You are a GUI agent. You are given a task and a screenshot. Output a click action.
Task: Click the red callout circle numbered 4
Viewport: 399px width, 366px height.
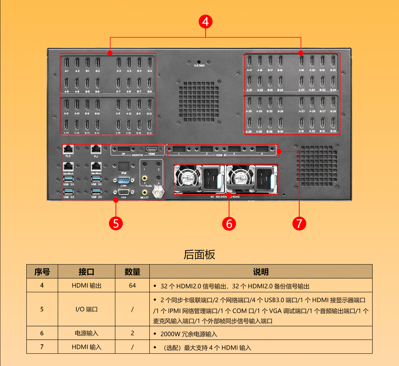click(x=205, y=22)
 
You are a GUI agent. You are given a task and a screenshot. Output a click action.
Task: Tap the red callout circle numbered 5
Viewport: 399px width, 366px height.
click(x=116, y=223)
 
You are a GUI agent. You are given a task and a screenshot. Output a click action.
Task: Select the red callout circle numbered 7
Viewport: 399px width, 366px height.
click(x=299, y=223)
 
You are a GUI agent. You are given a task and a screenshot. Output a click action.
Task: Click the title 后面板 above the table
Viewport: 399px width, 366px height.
click(x=199, y=255)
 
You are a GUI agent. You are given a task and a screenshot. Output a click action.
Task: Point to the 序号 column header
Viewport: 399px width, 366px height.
click(x=42, y=272)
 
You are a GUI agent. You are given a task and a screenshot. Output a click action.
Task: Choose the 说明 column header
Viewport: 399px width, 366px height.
click(x=261, y=272)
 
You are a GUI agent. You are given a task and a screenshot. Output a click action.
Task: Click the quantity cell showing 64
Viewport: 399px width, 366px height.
click(x=132, y=286)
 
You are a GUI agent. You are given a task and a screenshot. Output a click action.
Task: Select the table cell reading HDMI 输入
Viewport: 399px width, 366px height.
click(x=86, y=347)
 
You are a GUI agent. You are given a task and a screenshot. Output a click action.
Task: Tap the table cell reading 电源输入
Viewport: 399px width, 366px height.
click(x=86, y=333)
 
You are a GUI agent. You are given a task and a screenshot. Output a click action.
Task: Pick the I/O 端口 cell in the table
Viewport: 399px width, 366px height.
click(x=86, y=309)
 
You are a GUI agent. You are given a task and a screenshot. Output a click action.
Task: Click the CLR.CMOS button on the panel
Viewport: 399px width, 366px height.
click(x=199, y=62)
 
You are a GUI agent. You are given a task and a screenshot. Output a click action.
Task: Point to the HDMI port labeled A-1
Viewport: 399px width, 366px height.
click(x=66, y=63)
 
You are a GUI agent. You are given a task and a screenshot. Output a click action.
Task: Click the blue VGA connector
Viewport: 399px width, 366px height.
click(x=124, y=192)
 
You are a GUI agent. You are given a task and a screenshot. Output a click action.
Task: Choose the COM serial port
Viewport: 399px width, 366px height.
click(x=124, y=180)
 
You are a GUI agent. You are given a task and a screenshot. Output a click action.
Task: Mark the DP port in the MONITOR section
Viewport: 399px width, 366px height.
click(x=124, y=150)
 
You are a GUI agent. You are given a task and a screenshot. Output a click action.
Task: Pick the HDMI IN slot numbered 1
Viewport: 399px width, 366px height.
click(x=179, y=149)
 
